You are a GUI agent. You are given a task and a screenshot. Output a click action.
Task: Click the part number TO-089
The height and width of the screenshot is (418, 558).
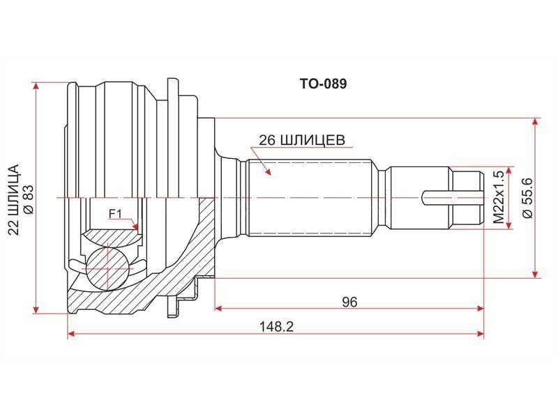(323, 84)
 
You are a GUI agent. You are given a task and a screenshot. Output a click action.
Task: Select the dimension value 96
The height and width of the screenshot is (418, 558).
(349, 302)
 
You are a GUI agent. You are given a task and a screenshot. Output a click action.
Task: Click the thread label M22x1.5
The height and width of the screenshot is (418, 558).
(498, 197)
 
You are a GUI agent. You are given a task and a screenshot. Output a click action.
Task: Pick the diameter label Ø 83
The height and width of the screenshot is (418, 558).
(28, 199)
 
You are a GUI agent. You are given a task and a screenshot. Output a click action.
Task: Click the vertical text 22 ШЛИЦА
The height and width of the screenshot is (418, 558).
(13, 199)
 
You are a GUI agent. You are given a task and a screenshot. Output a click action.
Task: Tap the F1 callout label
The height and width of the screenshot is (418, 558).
(115, 214)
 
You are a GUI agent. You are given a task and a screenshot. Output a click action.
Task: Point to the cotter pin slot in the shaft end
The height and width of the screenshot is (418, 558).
(452, 198)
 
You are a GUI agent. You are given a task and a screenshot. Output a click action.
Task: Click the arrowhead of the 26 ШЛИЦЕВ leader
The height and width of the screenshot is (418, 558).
(268, 172)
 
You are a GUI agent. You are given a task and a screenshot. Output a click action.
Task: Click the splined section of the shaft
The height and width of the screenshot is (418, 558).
(307, 198)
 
